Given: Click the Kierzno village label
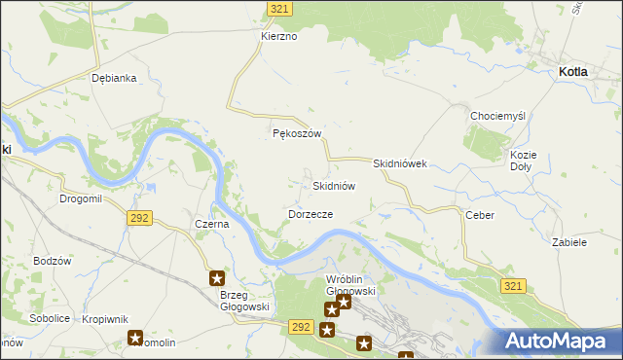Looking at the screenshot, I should tap(277, 36).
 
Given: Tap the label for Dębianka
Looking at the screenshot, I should tap(113, 78).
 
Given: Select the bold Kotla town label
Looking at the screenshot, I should tap(579, 72).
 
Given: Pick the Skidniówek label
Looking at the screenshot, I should tap(400, 164).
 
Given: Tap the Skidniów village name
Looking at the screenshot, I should tap(333, 185).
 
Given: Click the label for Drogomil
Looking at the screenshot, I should tap(81, 198).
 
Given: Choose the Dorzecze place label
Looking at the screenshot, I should tap(311, 213).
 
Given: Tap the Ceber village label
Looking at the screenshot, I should tap(480, 215).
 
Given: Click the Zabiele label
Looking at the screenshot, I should tap(569, 242).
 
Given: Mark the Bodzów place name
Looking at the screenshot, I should tap(53, 261).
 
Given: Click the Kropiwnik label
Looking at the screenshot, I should tap(106, 318).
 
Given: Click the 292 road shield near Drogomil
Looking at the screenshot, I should tap(138, 218).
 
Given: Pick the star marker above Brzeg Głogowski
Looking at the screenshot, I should tap(217, 278).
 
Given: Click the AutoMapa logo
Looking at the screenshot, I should tap(561, 341).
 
